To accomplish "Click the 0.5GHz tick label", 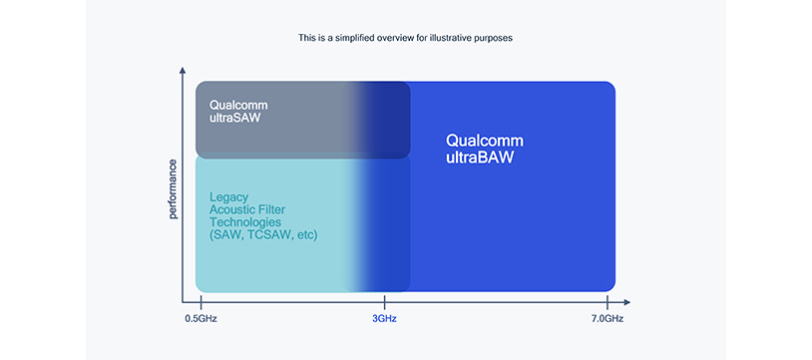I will tap(201, 318).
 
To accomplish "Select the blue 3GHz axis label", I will tap(385, 318).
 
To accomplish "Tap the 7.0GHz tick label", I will tap(608, 318).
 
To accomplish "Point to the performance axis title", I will tap(173, 188).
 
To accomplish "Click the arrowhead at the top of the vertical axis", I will tap(183, 73).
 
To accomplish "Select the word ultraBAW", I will tap(480, 157).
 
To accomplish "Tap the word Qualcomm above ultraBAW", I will tap(485, 141).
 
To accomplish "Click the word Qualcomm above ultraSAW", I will tap(238, 104).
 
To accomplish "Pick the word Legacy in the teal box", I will tap(228, 197).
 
